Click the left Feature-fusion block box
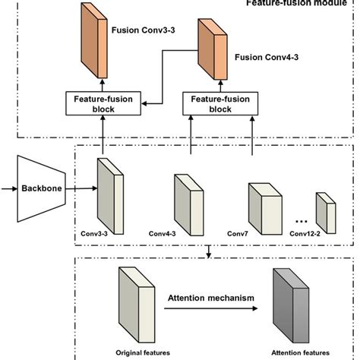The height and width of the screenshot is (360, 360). click(100, 103)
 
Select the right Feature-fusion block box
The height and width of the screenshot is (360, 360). click(213, 103)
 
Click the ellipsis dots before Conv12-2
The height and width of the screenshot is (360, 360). click(302, 220)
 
